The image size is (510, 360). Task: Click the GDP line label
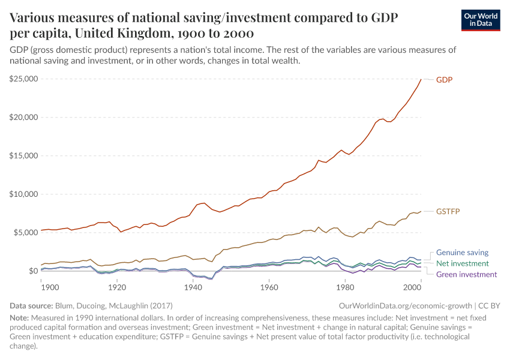click(x=444, y=79)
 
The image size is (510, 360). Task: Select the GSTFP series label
click(x=448, y=211)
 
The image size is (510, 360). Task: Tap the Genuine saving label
click(x=462, y=253)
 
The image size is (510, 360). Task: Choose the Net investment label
click(x=462, y=263)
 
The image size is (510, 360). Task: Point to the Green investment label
click(x=466, y=274)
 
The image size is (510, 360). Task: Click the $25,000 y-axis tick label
click(x=24, y=79)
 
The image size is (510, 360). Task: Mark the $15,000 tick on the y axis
click(x=24, y=155)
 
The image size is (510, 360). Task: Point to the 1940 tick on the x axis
click(x=193, y=287)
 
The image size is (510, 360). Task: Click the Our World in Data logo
click(x=480, y=20)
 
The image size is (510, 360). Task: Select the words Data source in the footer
click(x=32, y=305)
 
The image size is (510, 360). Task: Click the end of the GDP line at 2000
click(x=421, y=79)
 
